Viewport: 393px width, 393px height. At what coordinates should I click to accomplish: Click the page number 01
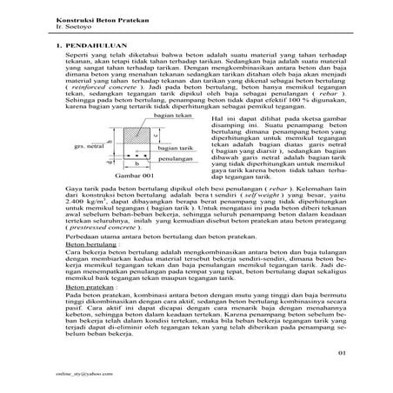point(342,353)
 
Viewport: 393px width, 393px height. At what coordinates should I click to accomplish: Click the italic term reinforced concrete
point(102,90)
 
